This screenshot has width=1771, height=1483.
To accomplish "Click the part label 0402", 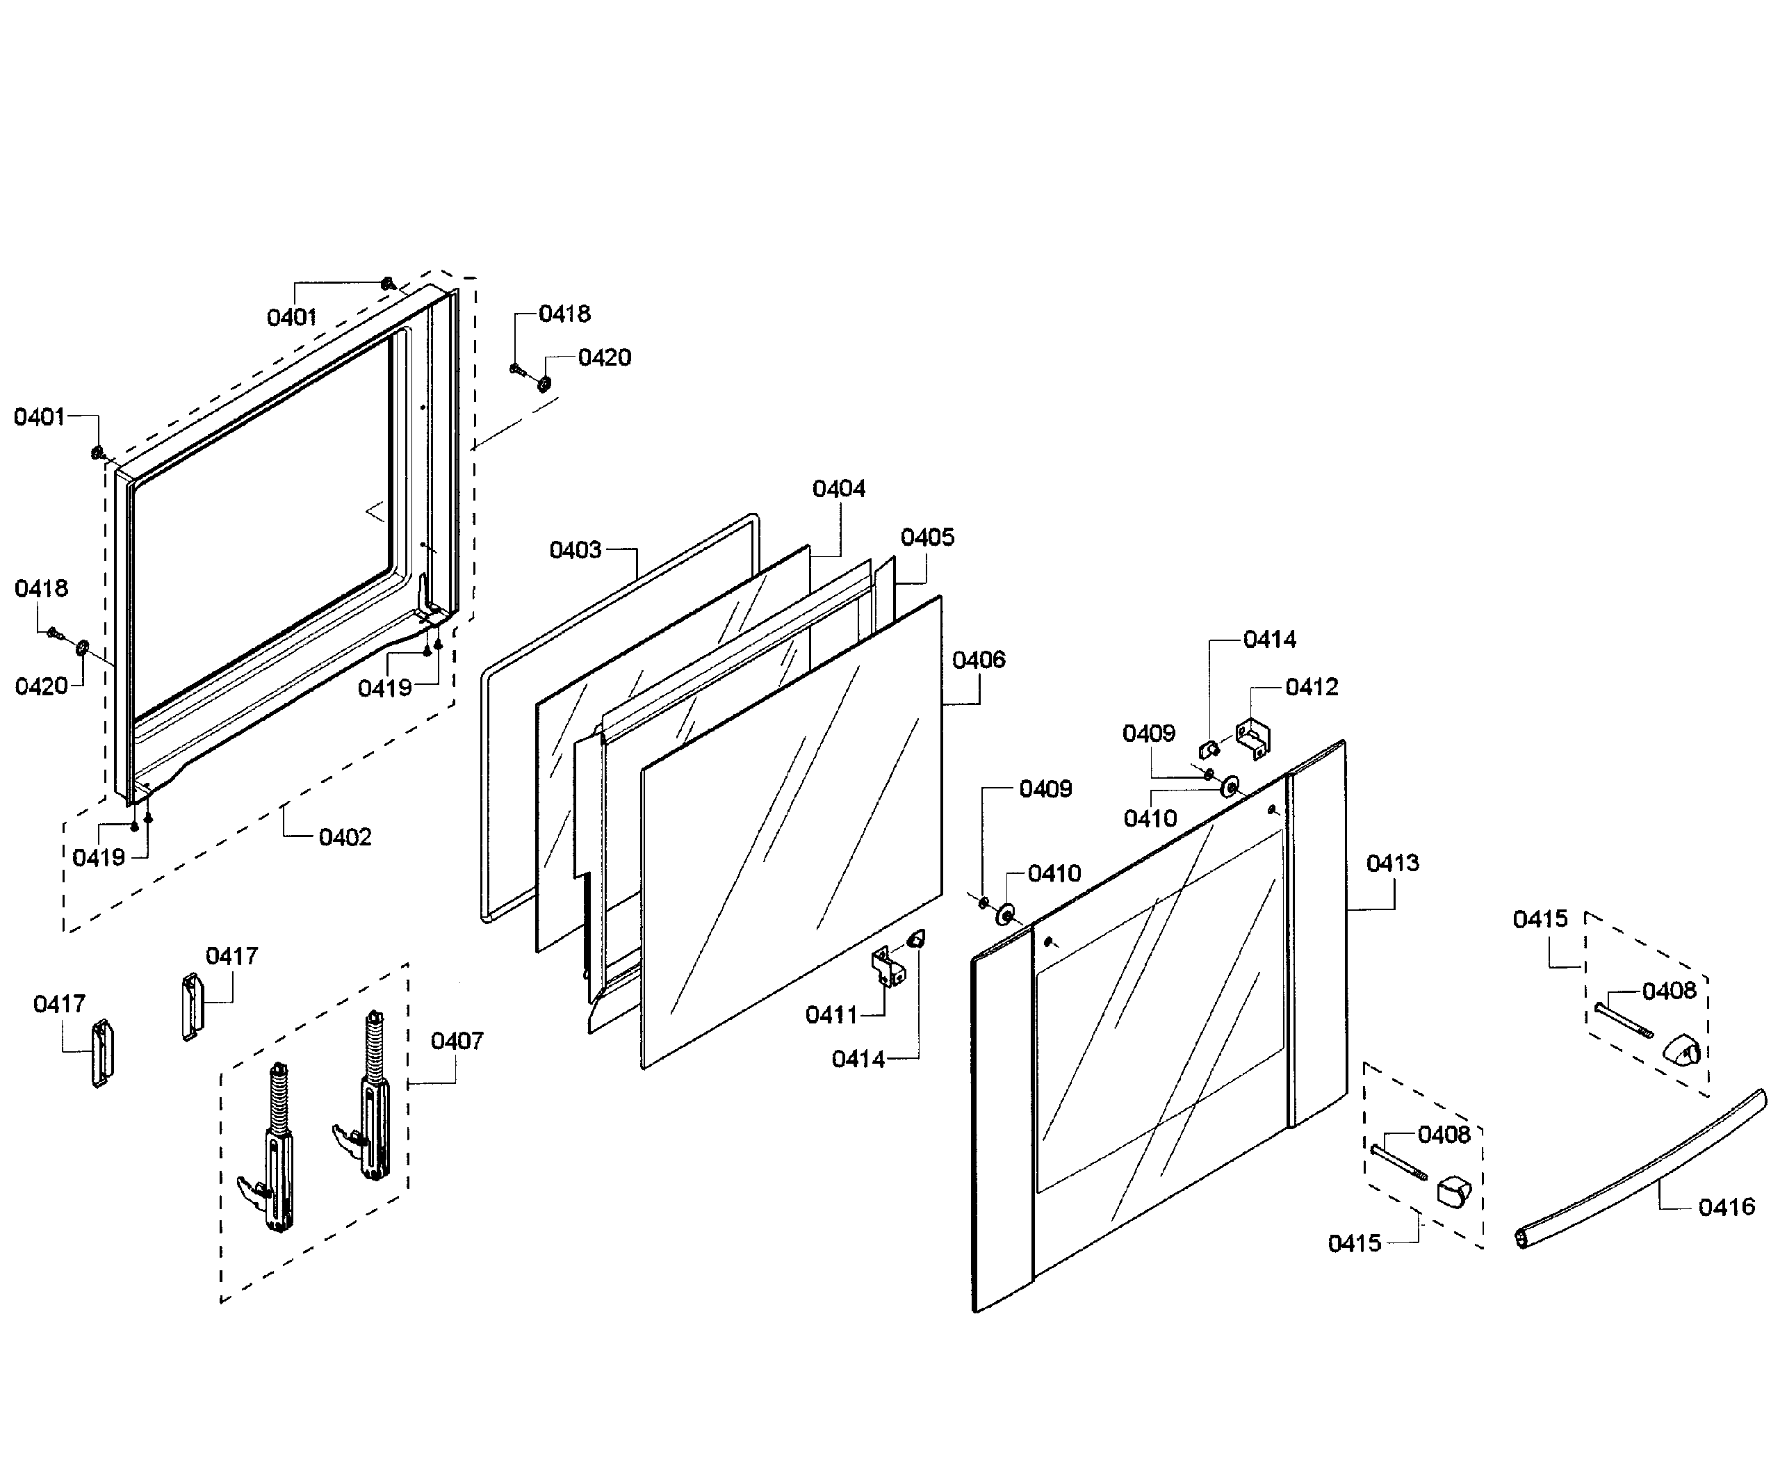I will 345,837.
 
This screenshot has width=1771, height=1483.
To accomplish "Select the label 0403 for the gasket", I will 575,550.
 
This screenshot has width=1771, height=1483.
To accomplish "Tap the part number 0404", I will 838,489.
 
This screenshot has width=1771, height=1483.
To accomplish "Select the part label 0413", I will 1392,863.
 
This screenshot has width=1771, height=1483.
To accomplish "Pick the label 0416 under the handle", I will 1727,1207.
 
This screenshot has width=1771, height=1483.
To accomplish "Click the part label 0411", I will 831,1015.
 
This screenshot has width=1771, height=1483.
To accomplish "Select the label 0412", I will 1312,687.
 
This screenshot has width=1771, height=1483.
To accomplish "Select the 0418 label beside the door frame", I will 40,588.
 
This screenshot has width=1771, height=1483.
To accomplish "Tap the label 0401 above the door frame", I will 291,317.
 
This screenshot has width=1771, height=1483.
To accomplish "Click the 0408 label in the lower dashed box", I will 1444,1135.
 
